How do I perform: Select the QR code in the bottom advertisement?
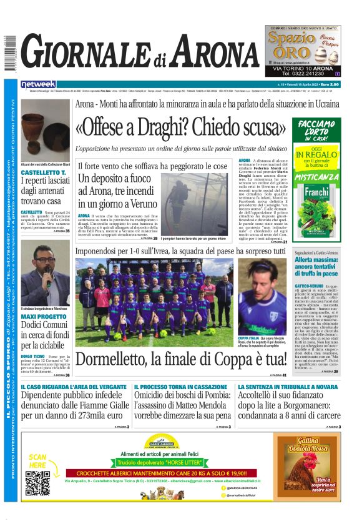[x=38, y=482]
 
